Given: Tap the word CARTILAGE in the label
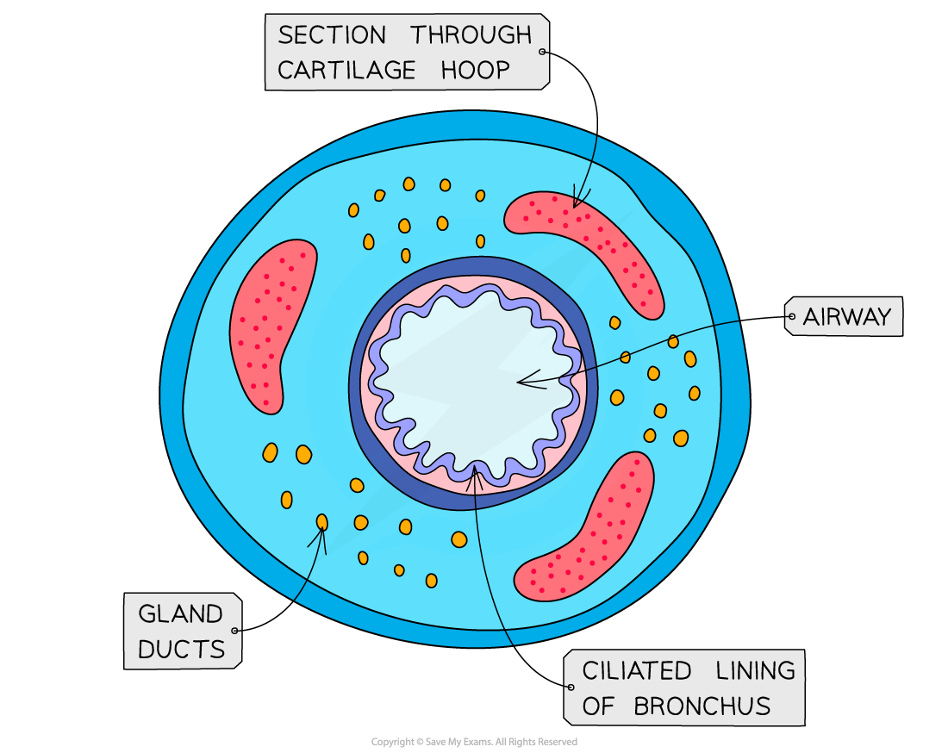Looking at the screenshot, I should (346, 71).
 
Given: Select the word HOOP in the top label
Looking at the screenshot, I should (477, 71).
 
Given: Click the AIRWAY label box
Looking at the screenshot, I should (845, 317).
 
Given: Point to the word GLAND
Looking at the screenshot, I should (180, 614).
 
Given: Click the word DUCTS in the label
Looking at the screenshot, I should (180, 650).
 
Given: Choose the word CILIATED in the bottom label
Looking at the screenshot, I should (637, 670).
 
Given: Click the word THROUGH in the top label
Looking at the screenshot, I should (471, 35).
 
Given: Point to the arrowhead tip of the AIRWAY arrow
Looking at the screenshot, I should (517, 382).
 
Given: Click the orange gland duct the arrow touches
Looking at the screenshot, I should (322, 521).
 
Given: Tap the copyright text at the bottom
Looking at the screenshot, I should (474, 742).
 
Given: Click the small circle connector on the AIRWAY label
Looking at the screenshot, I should (791, 317).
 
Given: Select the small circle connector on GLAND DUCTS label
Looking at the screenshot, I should (234, 630).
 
